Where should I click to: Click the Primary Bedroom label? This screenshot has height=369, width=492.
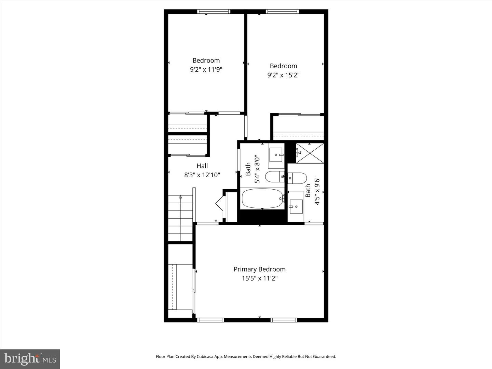(x=259, y=269)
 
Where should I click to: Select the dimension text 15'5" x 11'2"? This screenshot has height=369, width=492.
(x=259, y=278)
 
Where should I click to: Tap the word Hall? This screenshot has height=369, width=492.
(x=202, y=166)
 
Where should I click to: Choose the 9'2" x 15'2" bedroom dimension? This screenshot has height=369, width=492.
(x=283, y=75)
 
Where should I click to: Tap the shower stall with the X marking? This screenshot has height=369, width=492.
(x=309, y=153)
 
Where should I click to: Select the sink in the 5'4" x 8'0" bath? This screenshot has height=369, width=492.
(x=276, y=155)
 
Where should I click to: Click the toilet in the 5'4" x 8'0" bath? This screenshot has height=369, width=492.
(x=274, y=177)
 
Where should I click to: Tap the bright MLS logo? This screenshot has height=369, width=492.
(x=30, y=359)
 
